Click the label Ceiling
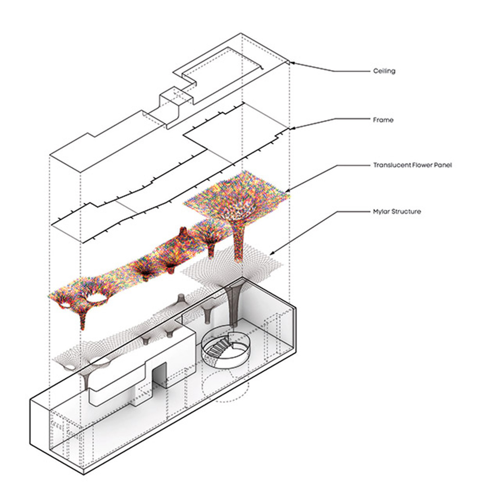pos(384,71)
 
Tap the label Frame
pos(383,120)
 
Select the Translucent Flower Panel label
pos(412,165)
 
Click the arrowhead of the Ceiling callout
pos(291,63)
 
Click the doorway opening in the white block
pos(159,378)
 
